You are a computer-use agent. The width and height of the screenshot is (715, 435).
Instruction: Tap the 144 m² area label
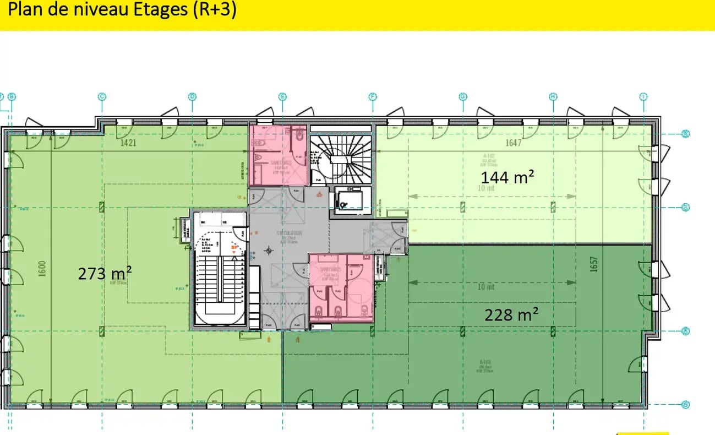[x=508, y=177]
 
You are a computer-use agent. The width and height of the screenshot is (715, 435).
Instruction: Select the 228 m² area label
[x=511, y=314]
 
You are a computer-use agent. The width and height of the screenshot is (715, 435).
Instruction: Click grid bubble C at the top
[x=102, y=97]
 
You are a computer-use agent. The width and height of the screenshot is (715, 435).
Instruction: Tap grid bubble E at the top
[x=283, y=97]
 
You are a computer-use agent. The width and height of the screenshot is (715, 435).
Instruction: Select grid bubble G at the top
[x=463, y=97]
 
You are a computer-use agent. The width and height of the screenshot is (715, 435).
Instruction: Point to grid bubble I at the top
[x=643, y=97]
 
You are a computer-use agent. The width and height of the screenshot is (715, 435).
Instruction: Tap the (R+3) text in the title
[x=215, y=10]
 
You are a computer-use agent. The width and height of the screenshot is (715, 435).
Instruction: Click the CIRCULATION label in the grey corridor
[x=290, y=233]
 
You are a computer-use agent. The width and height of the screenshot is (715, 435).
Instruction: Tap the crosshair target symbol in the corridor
[x=269, y=251]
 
